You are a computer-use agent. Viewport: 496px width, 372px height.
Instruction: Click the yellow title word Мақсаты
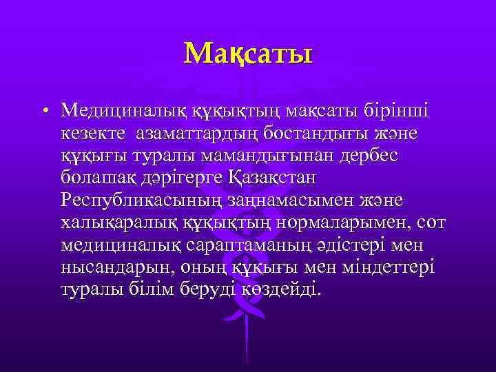click(x=248, y=52)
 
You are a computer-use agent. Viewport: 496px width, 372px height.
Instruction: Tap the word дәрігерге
click(x=180, y=177)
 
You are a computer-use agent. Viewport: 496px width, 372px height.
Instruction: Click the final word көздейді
click(x=281, y=289)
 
